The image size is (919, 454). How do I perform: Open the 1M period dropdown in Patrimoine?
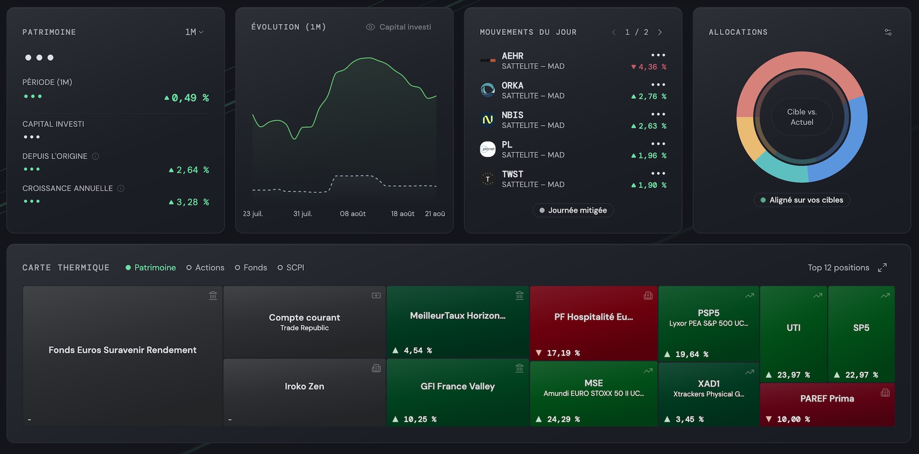point(194,32)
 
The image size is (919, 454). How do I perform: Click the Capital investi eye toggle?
point(370,27)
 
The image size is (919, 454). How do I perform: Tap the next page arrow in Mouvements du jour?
point(660,32)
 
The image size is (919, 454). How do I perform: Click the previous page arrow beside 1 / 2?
point(614,32)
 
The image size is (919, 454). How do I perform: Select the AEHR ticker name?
point(513,56)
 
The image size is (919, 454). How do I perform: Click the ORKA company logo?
point(488,90)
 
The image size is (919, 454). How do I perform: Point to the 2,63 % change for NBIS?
point(649,126)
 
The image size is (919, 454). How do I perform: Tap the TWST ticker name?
point(513,174)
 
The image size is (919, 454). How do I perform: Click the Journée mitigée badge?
point(573,210)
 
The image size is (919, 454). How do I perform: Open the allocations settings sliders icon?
point(888,32)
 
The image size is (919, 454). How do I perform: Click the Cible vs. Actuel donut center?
point(802,117)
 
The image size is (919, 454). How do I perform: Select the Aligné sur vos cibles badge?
point(802,200)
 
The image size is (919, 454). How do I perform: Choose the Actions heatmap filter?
point(205,268)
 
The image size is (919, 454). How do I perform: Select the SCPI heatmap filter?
point(291,268)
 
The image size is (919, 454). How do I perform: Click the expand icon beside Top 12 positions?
point(882,268)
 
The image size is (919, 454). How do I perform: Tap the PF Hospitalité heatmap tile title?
point(594,317)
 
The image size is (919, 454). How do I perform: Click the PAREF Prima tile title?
point(827,398)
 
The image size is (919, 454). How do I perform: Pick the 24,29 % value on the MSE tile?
point(558,420)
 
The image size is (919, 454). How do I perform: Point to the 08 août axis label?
point(353,214)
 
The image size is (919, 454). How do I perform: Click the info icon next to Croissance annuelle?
point(121,189)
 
